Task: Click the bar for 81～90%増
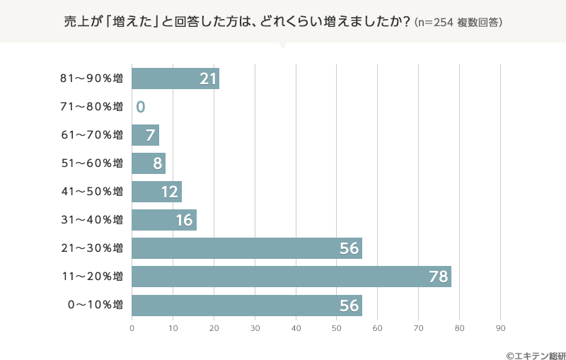click(175, 79)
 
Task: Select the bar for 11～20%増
click(291, 277)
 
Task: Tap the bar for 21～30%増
click(247, 248)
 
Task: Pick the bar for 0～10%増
click(247, 306)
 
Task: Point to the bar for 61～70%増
click(145, 135)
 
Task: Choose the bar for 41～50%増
click(156, 192)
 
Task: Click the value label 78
click(439, 277)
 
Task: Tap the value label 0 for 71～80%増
click(141, 107)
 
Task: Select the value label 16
click(185, 220)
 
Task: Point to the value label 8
click(157, 163)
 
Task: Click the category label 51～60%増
click(92, 163)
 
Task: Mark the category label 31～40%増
click(92, 220)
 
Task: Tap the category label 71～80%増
click(92, 107)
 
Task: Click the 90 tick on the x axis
click(501, 328)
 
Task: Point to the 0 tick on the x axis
click(132, 328)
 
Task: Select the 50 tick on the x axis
click(337, 328)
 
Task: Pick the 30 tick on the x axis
click(255, 328)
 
